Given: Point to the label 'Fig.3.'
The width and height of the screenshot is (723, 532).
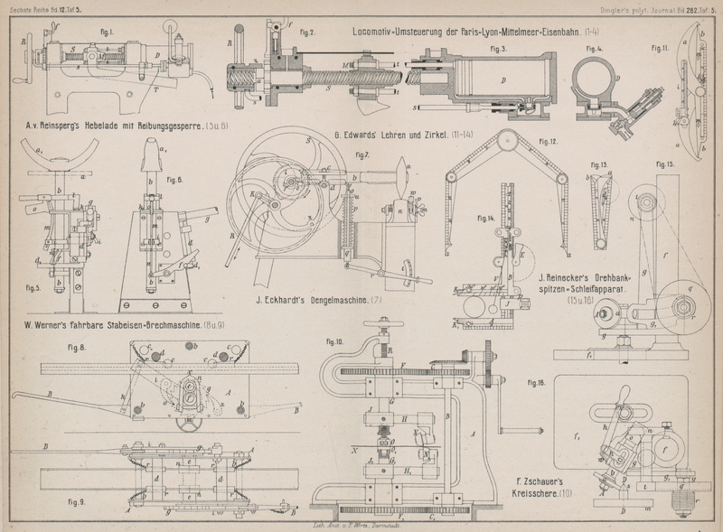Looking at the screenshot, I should [x=495, y=48].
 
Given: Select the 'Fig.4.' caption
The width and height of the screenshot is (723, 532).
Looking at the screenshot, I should [x=594, y=48].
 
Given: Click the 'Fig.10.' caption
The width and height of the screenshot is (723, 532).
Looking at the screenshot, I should [x=333, y=342].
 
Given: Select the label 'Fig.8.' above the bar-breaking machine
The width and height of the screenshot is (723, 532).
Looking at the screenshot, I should [x=75, y=346].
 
